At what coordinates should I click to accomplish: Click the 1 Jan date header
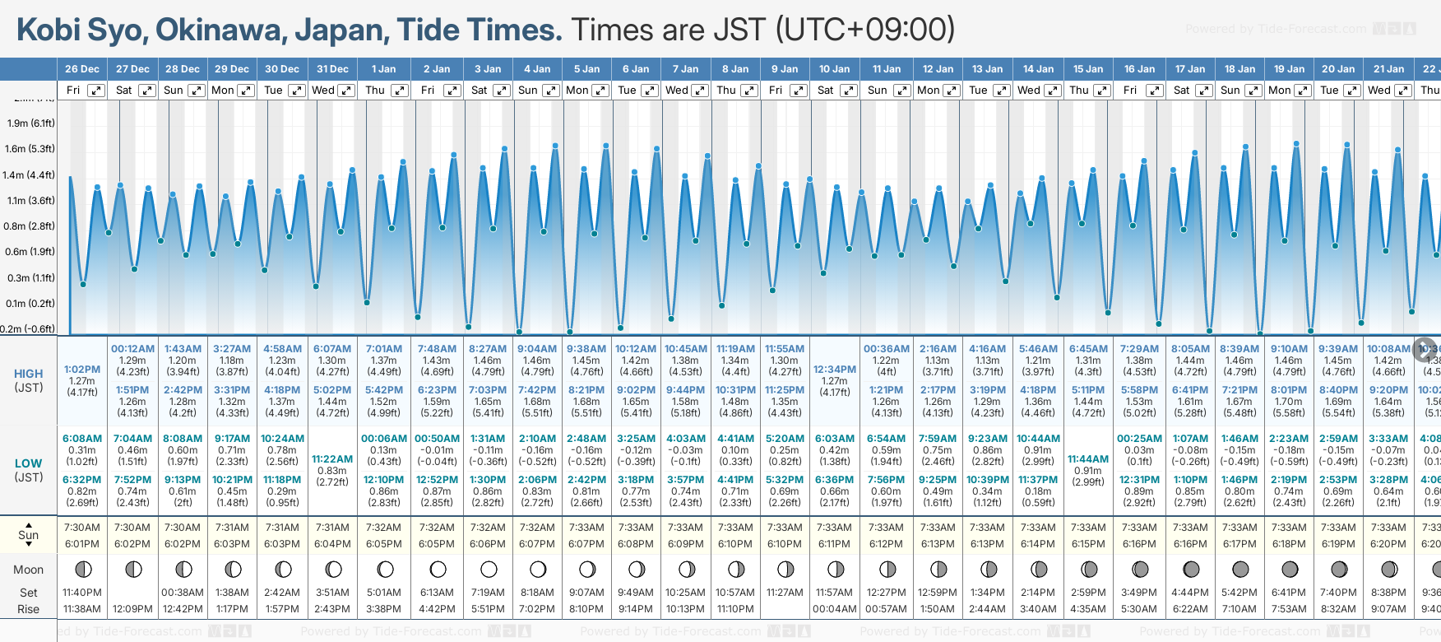383,69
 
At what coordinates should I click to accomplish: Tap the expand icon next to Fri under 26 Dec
96,91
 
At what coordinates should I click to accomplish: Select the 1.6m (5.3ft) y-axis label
30,149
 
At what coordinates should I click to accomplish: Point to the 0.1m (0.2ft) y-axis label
30,304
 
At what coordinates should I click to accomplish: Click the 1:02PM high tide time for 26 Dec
82,370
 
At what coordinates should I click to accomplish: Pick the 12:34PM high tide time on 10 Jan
835,370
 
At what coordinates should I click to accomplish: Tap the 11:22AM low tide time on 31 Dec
332,459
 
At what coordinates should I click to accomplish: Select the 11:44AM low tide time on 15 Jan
1088,459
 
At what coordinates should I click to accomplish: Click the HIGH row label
29,374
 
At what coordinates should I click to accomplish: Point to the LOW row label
29,463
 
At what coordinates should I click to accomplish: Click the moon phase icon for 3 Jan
489,569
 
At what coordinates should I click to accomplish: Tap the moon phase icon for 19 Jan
1289,569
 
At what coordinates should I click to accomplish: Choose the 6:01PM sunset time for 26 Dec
82,544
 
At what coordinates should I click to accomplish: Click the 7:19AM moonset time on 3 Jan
489,592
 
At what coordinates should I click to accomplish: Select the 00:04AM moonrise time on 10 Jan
835,609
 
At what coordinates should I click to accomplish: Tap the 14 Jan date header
1038,69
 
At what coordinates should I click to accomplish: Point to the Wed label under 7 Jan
677,91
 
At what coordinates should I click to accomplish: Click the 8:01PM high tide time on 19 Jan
1289,390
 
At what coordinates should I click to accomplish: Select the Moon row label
29,570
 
